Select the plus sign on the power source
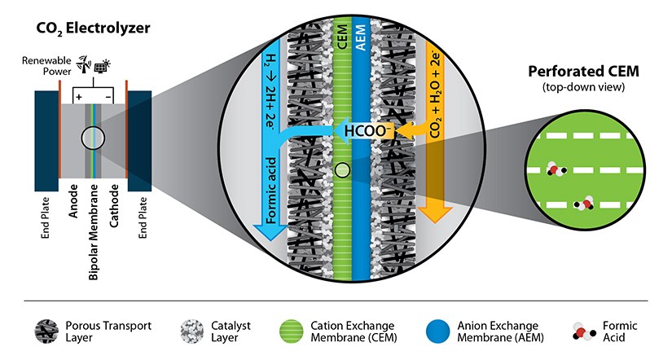coord(80,96)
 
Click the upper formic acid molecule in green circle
coord(556,169)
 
